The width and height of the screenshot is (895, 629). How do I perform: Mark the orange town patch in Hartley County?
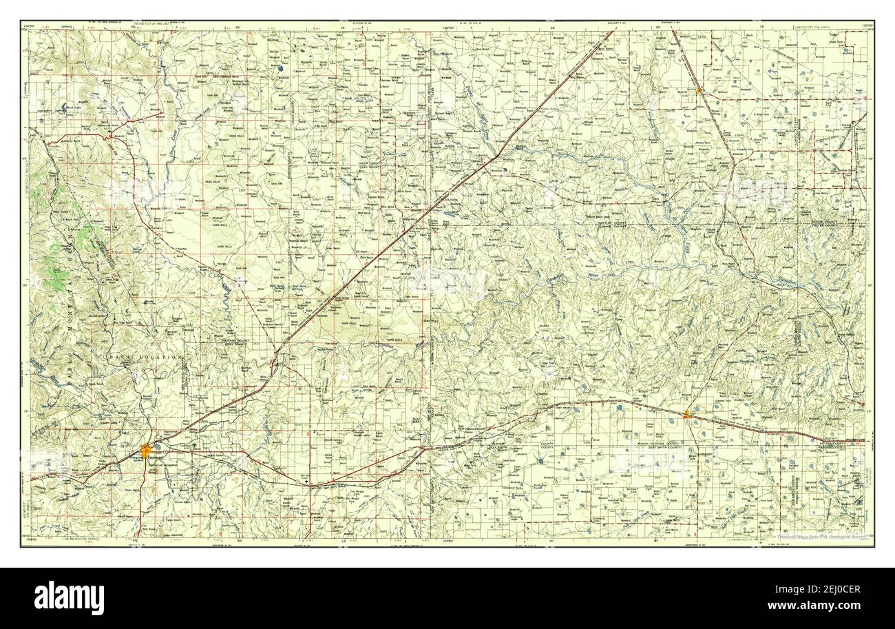tap(699, 90)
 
